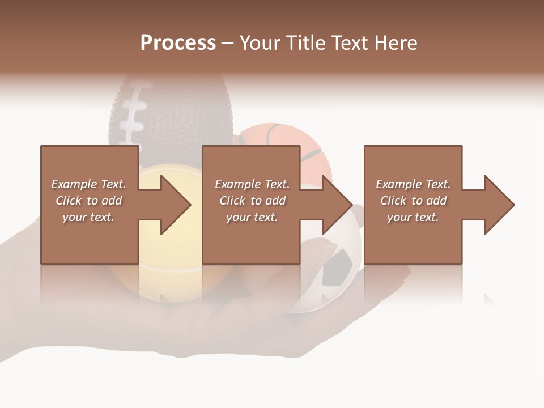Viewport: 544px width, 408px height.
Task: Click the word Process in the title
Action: [x=178, y=43]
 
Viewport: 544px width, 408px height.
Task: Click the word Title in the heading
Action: [x=305, y=43]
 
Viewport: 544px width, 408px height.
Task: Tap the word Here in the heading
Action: [x=395, y=43]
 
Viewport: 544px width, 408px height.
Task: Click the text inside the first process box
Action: [x=88, y=201]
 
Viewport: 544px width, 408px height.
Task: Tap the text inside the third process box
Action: [x=413, y=201]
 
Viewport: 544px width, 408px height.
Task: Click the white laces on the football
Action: [x=134, y=108]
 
